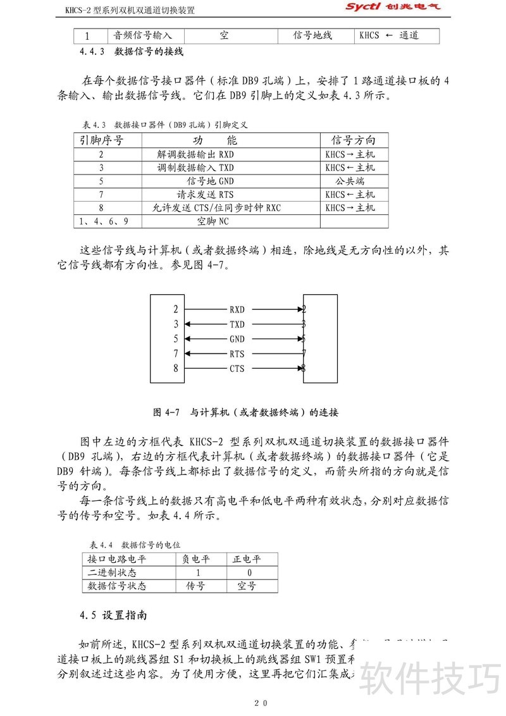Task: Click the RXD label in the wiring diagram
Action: (x=237, y=310)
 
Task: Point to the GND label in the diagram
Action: (x=237, y=339)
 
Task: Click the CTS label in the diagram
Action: (x=237, y=369)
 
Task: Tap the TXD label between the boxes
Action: (x=237, y=324)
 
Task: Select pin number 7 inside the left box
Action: (x=176, y=354)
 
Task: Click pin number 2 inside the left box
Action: (x=176, y=310)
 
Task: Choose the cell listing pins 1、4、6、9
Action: (x=102, y=221)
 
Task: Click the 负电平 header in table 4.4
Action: (x=197, y=559)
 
